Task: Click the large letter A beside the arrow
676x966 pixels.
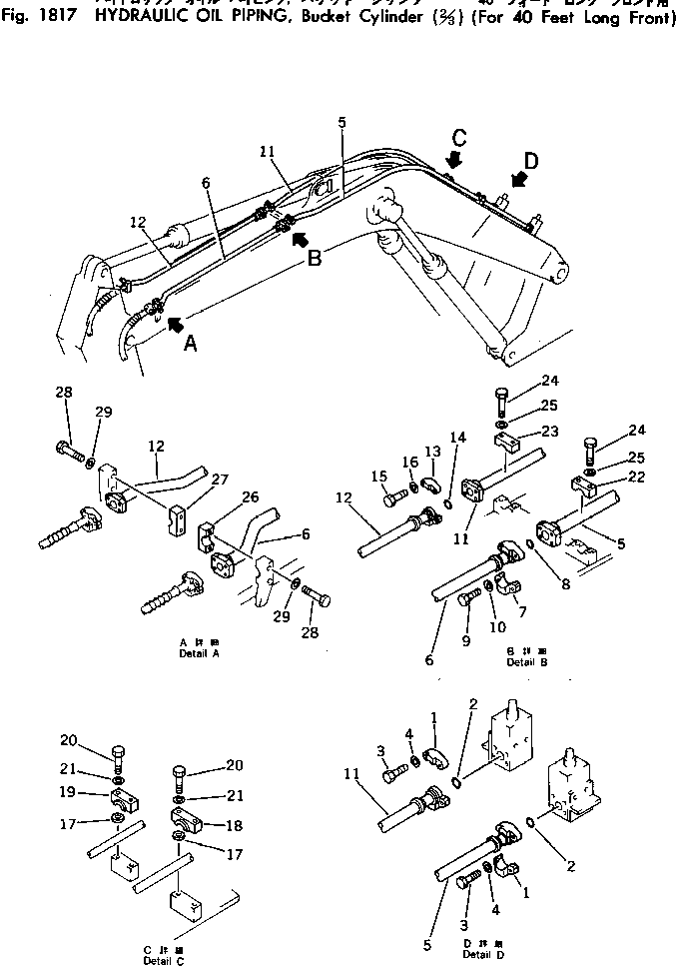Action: click(191, 344)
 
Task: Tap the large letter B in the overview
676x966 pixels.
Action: click(314, 258)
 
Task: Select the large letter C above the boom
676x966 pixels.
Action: click(457, 137)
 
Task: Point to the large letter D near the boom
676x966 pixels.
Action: click(532, 161)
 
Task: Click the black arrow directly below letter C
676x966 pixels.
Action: click(455, 160)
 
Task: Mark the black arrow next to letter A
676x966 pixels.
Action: click(175, 323)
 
